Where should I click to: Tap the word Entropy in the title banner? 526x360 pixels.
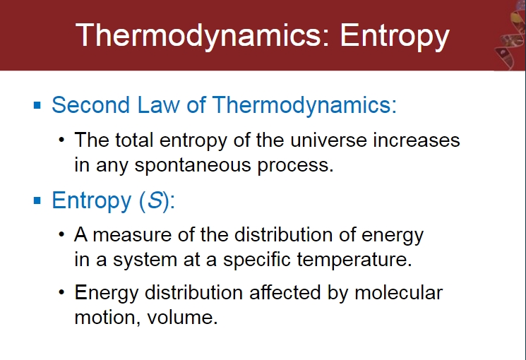click(x=395, y=36)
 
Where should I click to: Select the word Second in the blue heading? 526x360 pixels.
click(x=90, y=104)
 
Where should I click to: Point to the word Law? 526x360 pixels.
click(x=158, y=104)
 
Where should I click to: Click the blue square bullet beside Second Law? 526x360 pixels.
click(x=37, y=106)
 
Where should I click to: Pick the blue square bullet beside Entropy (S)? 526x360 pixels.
click(x=37, y=200)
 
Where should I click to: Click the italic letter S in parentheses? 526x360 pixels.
click(x=155, y=200)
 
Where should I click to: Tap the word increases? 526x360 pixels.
click(x=417, y=140)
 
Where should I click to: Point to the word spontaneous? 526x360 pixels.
click(x=193, y=165)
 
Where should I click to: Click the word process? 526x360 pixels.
click(x=296, y=165)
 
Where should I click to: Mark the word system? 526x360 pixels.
click(x=145, y=260)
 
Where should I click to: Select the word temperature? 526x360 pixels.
click(x=354, y=259)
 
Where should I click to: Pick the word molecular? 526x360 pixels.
click(x=398, y=292)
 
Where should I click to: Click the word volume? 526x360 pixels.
click(x=182, y=317)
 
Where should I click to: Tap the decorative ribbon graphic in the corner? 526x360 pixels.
click(x=510, y=35)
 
